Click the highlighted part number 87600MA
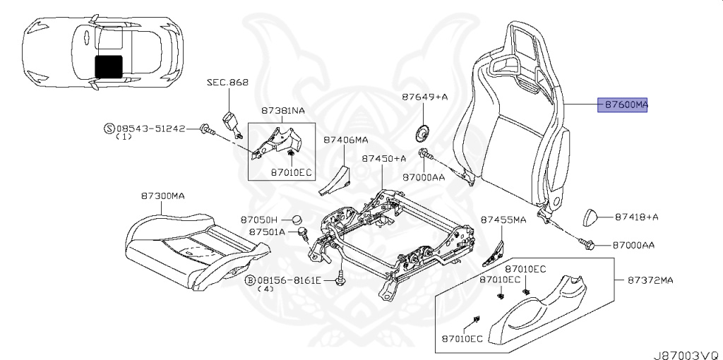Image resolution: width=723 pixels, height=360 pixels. (623, 105)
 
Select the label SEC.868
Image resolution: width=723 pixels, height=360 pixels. (227, 83)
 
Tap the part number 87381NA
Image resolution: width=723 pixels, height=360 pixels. (282, 111)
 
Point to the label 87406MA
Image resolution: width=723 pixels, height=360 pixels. (345, 140)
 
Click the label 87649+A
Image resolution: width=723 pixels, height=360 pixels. (424, 97)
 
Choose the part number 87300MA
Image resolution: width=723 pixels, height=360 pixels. (163, 196)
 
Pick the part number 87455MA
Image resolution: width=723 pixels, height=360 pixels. (503, 220)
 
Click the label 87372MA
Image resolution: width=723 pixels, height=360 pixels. (650, 280)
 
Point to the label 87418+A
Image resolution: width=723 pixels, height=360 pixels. (637, 217)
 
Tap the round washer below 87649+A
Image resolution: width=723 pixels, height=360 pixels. (422, 132)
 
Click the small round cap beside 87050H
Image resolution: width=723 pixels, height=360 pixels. (298, 220)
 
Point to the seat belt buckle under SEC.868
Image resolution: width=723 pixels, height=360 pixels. (232, 122)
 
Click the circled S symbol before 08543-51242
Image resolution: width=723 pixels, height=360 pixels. (108, 128)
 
